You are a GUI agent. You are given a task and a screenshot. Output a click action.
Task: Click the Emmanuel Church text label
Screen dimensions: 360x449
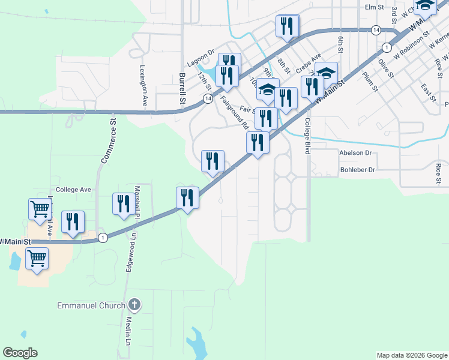click(91, 305)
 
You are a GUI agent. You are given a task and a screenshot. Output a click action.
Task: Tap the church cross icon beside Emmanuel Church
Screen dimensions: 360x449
click(134, 305)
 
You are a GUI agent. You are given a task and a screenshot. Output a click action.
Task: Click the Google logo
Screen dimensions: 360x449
click(20, 353)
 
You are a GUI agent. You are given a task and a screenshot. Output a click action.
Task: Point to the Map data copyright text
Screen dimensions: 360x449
click(411, 355)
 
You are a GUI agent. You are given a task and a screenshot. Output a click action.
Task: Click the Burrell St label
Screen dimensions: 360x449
click(181, 89)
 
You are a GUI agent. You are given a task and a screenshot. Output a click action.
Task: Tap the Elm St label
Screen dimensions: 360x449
click(374, 7)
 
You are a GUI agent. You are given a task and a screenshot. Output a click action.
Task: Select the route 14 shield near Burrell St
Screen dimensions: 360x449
click(207, 98)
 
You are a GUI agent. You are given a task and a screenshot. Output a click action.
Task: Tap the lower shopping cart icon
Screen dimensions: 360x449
click(37, 259)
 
